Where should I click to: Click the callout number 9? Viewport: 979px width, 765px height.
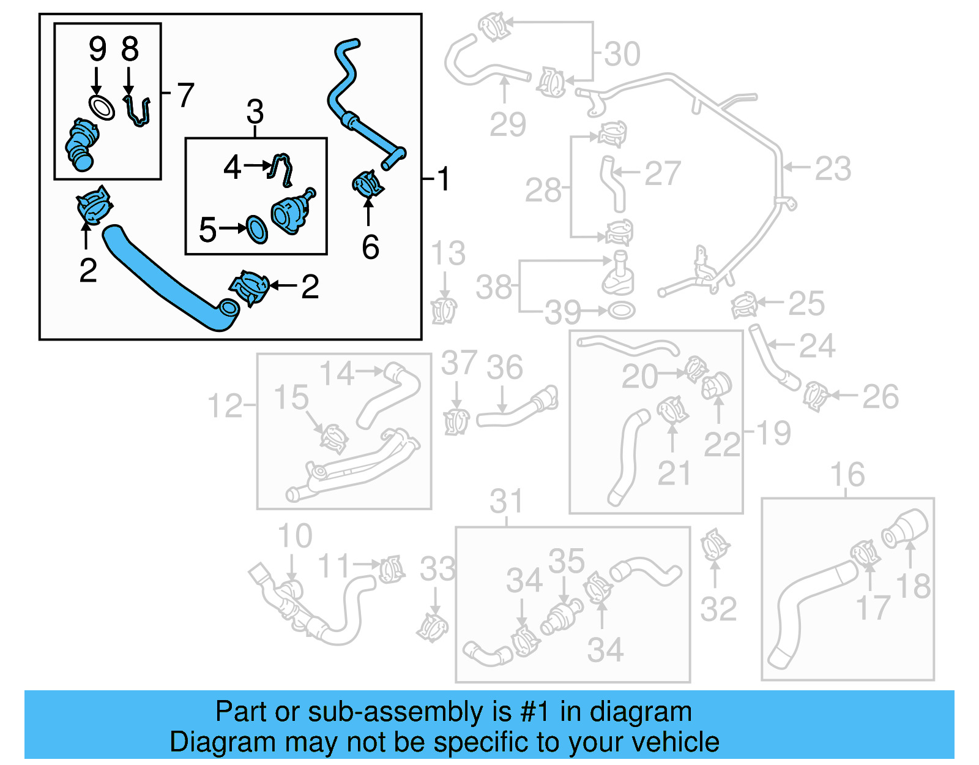(97, 48)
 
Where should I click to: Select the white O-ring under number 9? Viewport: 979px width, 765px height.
(102, 107)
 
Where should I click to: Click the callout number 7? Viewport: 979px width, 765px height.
(185, 95)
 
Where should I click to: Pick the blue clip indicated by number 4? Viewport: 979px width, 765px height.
(281, 170)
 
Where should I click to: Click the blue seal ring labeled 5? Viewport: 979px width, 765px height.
(257, 229)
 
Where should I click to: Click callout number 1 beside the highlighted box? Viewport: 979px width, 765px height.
(444, 179)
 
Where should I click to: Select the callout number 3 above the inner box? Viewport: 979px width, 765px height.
(255, 112)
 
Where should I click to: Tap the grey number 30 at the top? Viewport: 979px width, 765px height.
(622, 54)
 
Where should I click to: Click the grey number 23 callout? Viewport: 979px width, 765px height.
(833, 168)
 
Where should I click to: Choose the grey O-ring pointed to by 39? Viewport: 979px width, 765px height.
(620, 311)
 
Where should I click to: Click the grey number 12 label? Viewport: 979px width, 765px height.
(225, 405)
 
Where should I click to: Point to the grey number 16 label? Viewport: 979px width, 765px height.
(847, 475)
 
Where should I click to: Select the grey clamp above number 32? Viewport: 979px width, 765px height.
(714, 545)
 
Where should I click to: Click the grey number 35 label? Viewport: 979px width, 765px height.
(566, 560)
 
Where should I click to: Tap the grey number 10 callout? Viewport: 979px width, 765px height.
(295, 536)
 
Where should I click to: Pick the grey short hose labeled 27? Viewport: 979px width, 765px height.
(612, 184)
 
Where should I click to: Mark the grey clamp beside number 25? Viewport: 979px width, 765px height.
(744, 304)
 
